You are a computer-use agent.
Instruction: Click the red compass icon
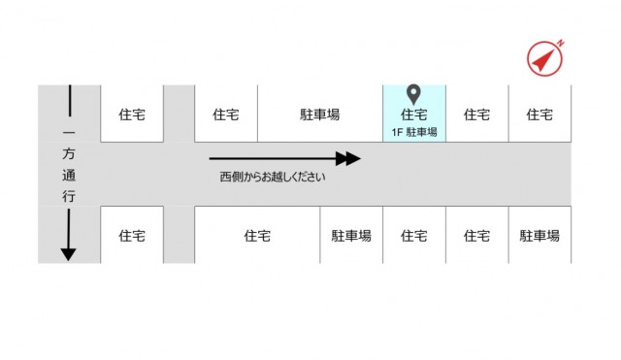[x=544, y=59]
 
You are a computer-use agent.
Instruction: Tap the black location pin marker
[x=413, y=94]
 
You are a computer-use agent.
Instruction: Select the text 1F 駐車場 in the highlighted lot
[x=414, y=131]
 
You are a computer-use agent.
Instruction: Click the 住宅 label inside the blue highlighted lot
[x=414, y=115]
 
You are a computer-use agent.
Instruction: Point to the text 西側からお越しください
[x=273, y=177]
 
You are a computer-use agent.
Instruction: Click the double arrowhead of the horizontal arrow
[x=347, y=158]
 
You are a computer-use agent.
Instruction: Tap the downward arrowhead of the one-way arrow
[x=68, y=253]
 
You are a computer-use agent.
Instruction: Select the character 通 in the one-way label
[x=68, y=176]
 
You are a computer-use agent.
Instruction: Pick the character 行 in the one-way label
[x=68, y=195]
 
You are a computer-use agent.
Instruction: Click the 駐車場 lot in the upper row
[x=320, y=115]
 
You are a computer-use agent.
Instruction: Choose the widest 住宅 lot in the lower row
[x=257, y=235]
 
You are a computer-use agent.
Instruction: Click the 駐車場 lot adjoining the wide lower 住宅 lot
[x=351, y=235]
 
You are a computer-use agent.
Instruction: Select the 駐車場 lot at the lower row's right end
[x=539, y=235]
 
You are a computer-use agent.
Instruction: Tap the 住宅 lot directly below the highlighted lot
[x=414, y=235]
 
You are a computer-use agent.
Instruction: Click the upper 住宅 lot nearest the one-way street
[x=132, y=115]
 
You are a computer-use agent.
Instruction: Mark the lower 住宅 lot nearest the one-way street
[x=132, y=235]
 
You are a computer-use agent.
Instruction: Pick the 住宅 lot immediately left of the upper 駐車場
[x=226, y=115]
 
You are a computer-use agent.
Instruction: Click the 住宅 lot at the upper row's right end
[x=539, y=115]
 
